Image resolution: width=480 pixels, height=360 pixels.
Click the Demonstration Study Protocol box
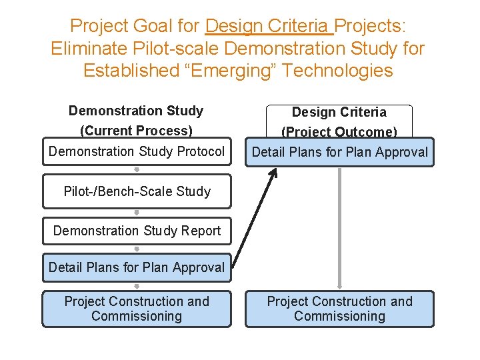click(x=137, y=151)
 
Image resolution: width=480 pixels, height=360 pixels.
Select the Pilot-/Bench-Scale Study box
click(x=137, y=191)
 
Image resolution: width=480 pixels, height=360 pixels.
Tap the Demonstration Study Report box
click(x=137, y=231)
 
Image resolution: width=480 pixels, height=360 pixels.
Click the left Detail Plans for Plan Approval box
click(x=137, y=267)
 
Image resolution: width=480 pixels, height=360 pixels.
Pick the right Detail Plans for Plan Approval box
click(x=339, y=152)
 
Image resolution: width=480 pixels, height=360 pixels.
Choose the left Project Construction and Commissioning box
click(x=137, y=309)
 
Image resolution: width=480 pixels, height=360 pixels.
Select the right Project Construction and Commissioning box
click(x=339, y=309)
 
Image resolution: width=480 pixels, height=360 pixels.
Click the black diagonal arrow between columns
click(x=255, y=217)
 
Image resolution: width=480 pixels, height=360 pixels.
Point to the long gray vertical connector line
click(x=340, y=227)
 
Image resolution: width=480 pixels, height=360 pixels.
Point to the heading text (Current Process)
click(x=136, y=131)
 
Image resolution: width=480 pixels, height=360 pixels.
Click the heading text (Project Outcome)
click(x=339, y=132)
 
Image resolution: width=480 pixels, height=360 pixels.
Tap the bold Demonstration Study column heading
click(x=136, y=111)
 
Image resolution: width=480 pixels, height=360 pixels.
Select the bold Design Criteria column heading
click(x=339, y=112)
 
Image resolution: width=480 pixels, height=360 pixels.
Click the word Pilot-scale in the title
click(x=177, y=49)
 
